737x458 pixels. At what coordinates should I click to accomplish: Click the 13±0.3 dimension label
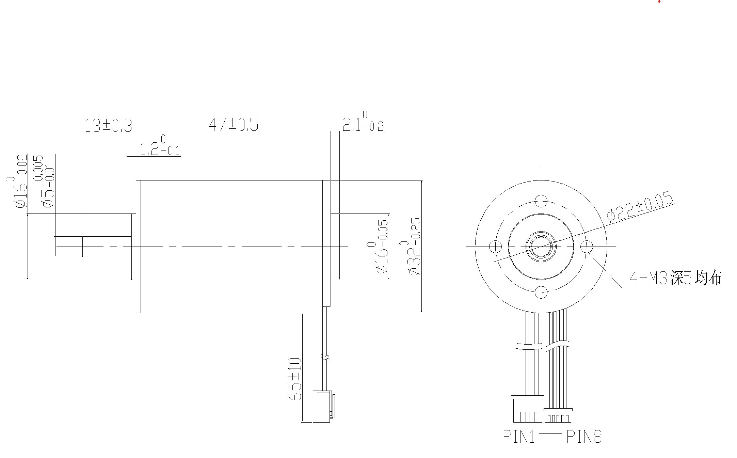pyautogui.click(x=108, y=126)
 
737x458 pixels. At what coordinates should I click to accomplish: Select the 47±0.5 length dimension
pyautogui.click(x=234, y=125)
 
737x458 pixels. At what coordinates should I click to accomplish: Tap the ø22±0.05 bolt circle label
pyautogui.click(x=640, y=208)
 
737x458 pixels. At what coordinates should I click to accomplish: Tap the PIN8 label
pyautogui.click(x=584, y=437)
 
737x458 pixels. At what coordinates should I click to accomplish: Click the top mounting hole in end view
pyautogui.click(x=541, y=201)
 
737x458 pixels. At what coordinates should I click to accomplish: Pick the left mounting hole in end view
pyautogui.click(x=495, y=247)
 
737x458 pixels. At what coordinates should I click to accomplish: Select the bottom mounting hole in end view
pyautogui.click(x=541, y=292)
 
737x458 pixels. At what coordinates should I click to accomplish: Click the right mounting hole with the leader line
pyautogui.click(x=587, y=247)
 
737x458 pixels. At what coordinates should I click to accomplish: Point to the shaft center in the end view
pyautogui.click(x=541, y=247)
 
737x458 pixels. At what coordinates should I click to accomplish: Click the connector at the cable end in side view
pyautogui.click(x=323, y=406)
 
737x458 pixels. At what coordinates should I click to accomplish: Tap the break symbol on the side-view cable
pyautogui.click(x=325, y=358)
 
